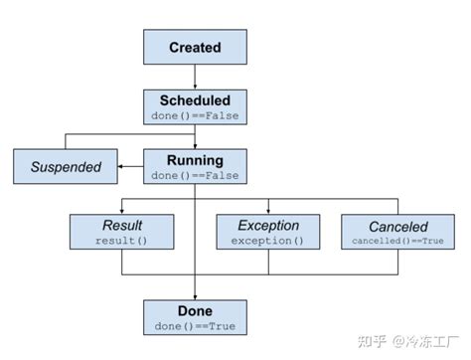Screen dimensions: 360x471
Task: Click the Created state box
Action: pyautogui.click(x=195, y=48)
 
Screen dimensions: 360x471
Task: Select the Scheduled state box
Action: pyautogui.click(x=195, y=106)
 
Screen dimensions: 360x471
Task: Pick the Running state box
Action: pyautogui.click(x=195, y=166)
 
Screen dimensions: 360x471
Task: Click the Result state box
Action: pyautogui.click(x=121, y=233)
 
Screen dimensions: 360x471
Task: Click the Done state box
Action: pyautogui.click(x=195, y=317)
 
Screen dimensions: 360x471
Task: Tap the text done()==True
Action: pyautogui.click(x=195, y=326)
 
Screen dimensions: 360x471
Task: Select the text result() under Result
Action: pyautogui.click(x=121, y=242)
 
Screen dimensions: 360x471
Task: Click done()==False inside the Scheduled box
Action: pyautogui.click(x=195, y=115)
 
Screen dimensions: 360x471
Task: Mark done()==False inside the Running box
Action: pyautogui.click(x=195, y=175)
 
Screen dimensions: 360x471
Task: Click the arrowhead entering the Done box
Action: pyautogui.click(x=195, y=295)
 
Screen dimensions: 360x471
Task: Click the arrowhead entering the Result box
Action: pyautogui.click(x=121, y=211)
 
